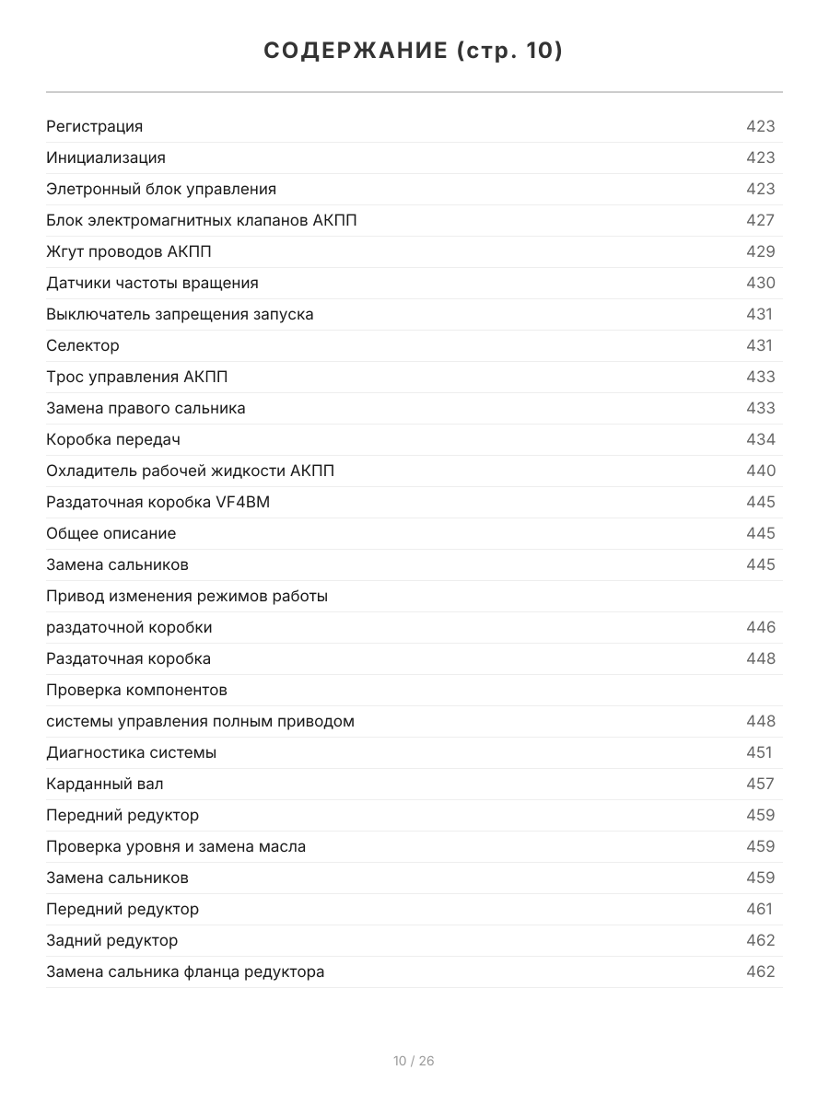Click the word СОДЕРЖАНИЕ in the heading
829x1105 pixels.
click(356, 51)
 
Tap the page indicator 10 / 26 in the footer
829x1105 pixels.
click(414, 1061)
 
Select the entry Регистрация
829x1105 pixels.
click(95, 126)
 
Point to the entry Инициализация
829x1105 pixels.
click(106, 157)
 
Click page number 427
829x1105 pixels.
click(760, 220)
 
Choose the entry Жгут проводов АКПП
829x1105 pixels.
click(129, 251)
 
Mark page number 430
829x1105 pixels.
click(760, 283)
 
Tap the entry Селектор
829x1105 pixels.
click(83, 345)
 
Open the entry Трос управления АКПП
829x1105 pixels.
click(137, 377)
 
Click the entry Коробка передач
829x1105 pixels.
click(113, 439)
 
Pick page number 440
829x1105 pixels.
click(760, 471)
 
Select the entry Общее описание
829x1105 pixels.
click(111, 533)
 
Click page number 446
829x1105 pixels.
click(760, 627)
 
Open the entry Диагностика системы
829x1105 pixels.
click(132, 752)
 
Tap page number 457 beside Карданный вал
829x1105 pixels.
click(760, 784)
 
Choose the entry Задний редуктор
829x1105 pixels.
click(112, 940)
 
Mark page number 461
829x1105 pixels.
click(759, 909)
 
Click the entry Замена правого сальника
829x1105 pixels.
click(146, 408)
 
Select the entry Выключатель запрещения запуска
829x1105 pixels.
click(180, 314)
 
